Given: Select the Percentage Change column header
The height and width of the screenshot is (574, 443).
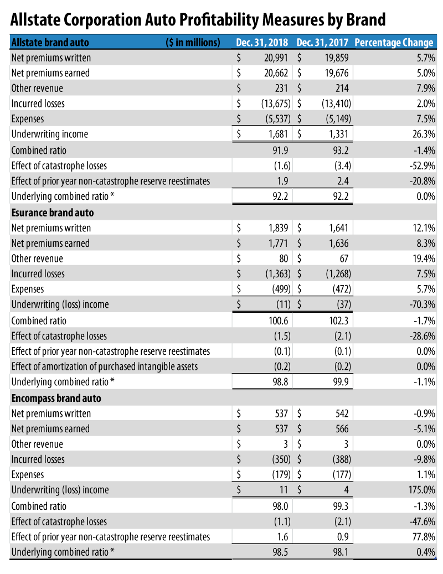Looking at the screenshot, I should tap(393, 43).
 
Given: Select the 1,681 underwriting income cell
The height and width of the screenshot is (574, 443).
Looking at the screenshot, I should tap(279, 134).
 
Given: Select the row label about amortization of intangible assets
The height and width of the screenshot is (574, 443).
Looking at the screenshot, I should tap(104, 366).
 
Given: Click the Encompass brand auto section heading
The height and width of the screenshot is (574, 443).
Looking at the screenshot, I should tap(56, 398).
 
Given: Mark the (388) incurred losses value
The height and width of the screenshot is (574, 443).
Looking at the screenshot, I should tap(339, 459).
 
